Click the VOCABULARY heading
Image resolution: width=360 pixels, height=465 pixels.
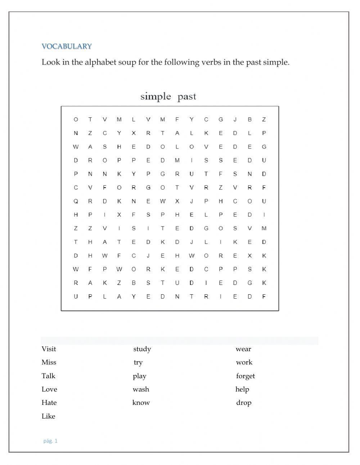[x=67, y=46]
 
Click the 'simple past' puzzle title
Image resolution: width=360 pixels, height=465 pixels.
[x=168, y=97]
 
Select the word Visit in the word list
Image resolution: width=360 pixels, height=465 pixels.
[x=49, y=349]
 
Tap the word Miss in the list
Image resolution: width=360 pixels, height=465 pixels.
[x=49, y=362]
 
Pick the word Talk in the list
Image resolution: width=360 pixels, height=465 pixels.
[x=48, y=376]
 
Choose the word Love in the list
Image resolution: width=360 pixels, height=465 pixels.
[x=49, y=389]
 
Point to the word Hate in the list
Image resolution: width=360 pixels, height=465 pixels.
[x=49, y=403]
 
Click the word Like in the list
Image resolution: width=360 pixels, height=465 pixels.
[x=48, y=416]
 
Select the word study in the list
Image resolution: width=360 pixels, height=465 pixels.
[x=142, y=349]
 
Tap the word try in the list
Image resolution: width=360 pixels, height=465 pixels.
[x=138, y=363]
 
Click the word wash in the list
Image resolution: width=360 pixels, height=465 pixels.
[x=141, y=389]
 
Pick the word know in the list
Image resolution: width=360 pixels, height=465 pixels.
[x=141, y=403]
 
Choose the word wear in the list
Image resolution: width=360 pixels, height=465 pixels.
[x=243, y=349]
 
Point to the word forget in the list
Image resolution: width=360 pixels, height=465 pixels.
[x=245, y=376]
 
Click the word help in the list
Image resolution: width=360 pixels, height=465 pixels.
[x=242, y=389]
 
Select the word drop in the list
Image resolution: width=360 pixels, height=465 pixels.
[x=244, y=403]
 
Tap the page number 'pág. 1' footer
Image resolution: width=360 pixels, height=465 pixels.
[x=50, y=441]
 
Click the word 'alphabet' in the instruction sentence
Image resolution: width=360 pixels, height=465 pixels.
[x=100, y=62]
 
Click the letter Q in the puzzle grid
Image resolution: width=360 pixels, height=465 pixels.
[x=76, y=201]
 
